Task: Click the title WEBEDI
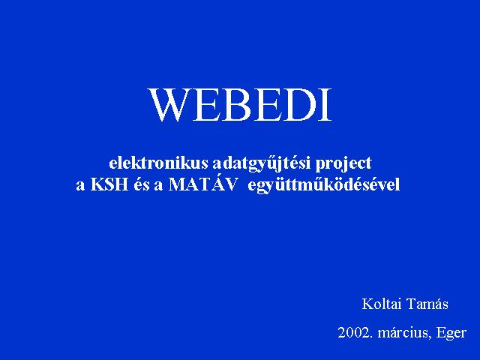coord(240,105)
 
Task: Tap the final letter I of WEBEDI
coord(326,105)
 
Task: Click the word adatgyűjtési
coord(262,164)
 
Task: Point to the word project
coord(343,164)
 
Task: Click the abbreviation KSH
coord(109,184)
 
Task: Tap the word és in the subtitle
coord(141,184)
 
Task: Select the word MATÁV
coord(203,184)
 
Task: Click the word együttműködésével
coord(323,185)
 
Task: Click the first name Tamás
coord(427,304)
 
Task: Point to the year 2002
coord(355,333)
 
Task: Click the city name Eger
coord(451,334)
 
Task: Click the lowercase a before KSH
coord(80,187)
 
